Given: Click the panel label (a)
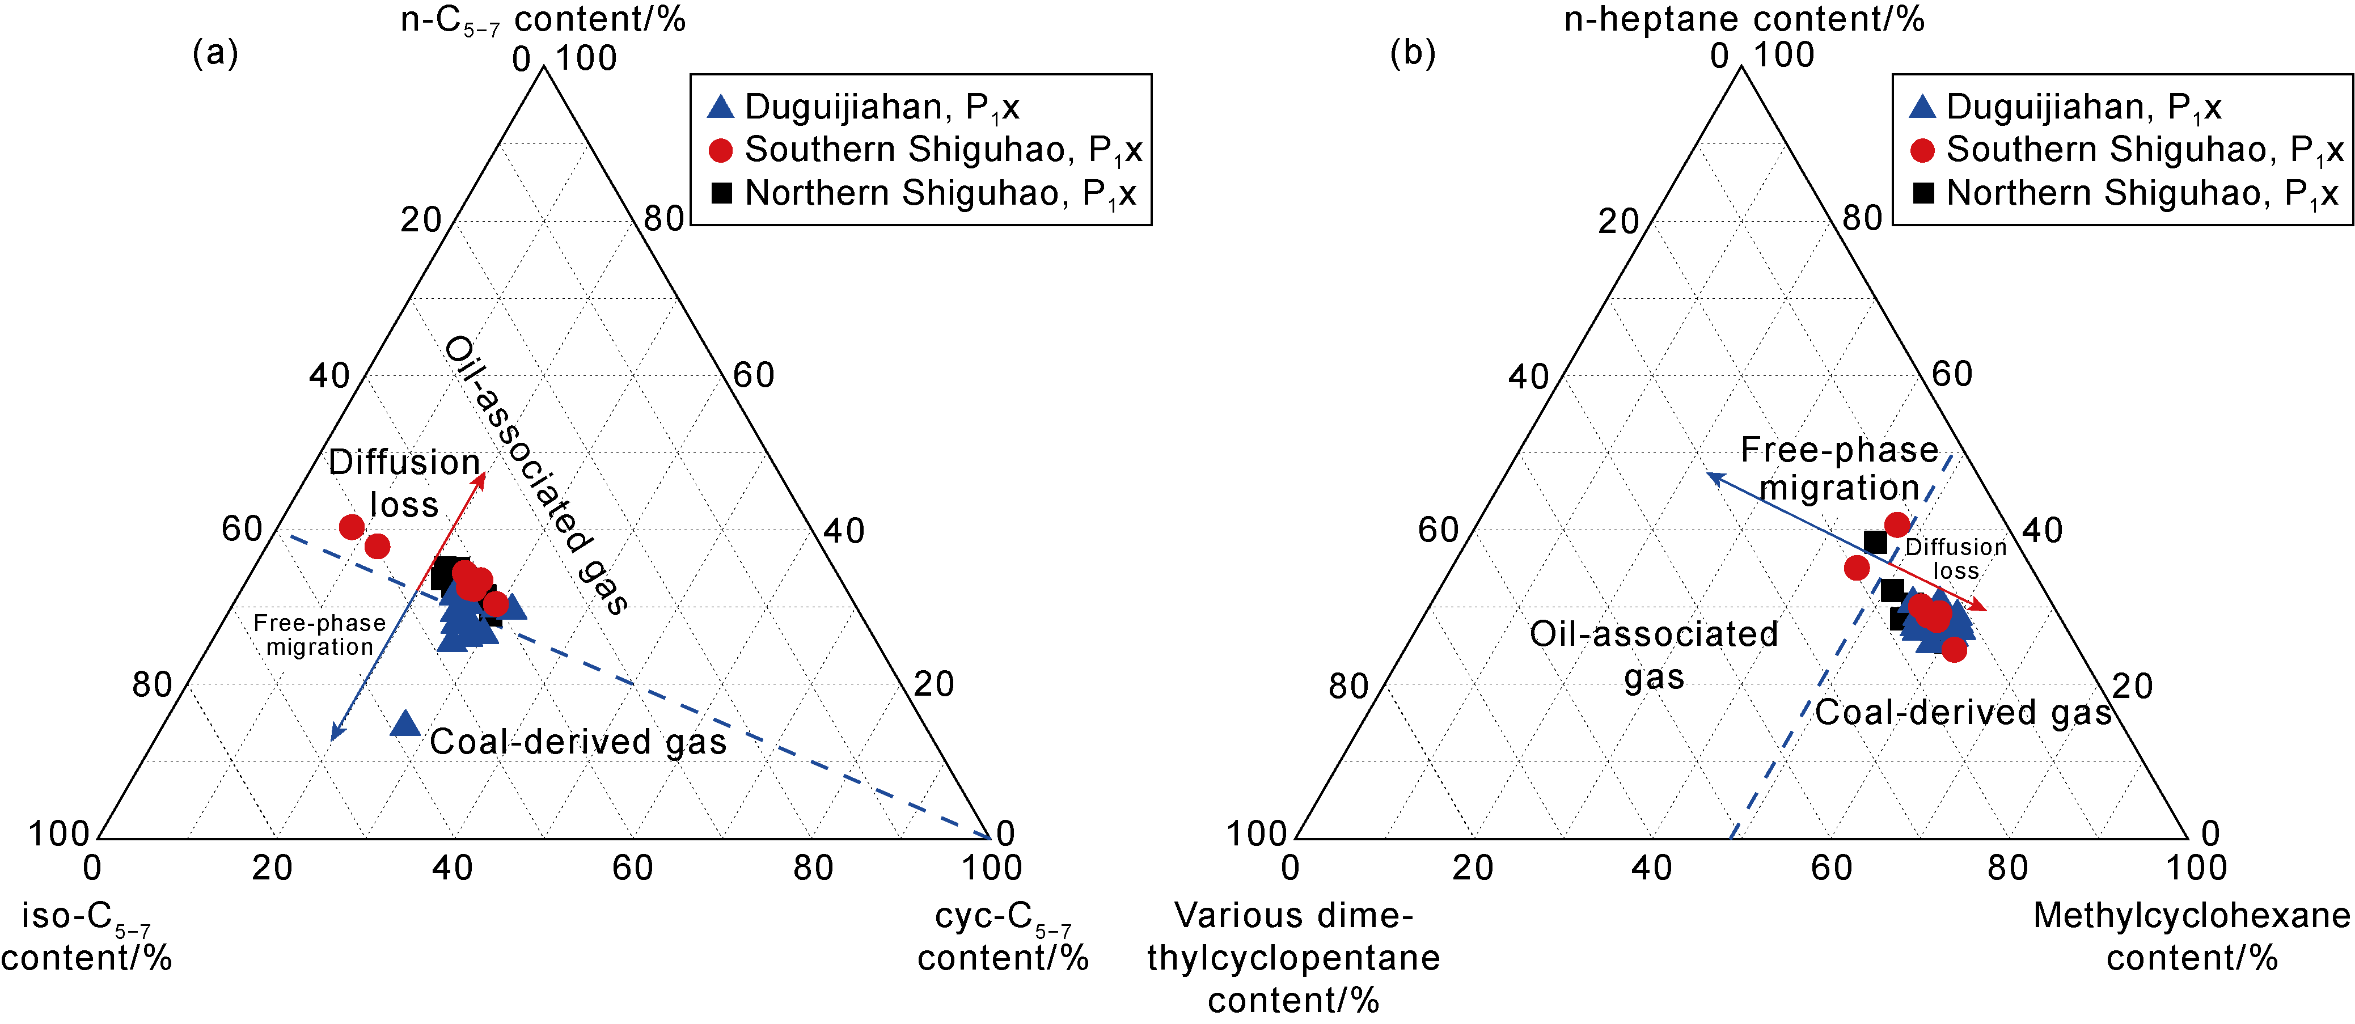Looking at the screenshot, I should pos(215,53).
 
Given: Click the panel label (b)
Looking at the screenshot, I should pos(1413,53).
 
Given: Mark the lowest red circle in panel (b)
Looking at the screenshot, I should pos(1954,650).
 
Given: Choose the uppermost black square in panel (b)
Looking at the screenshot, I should pos(1875,542).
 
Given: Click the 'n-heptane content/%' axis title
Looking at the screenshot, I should pos(1744,18).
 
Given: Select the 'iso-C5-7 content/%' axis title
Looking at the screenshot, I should pos(87,936).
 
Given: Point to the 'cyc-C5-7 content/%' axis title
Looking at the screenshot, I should pos(1003,936).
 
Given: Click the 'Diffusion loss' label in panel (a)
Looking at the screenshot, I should pos(404,483).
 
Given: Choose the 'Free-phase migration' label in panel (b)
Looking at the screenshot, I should pos(1840,468).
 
